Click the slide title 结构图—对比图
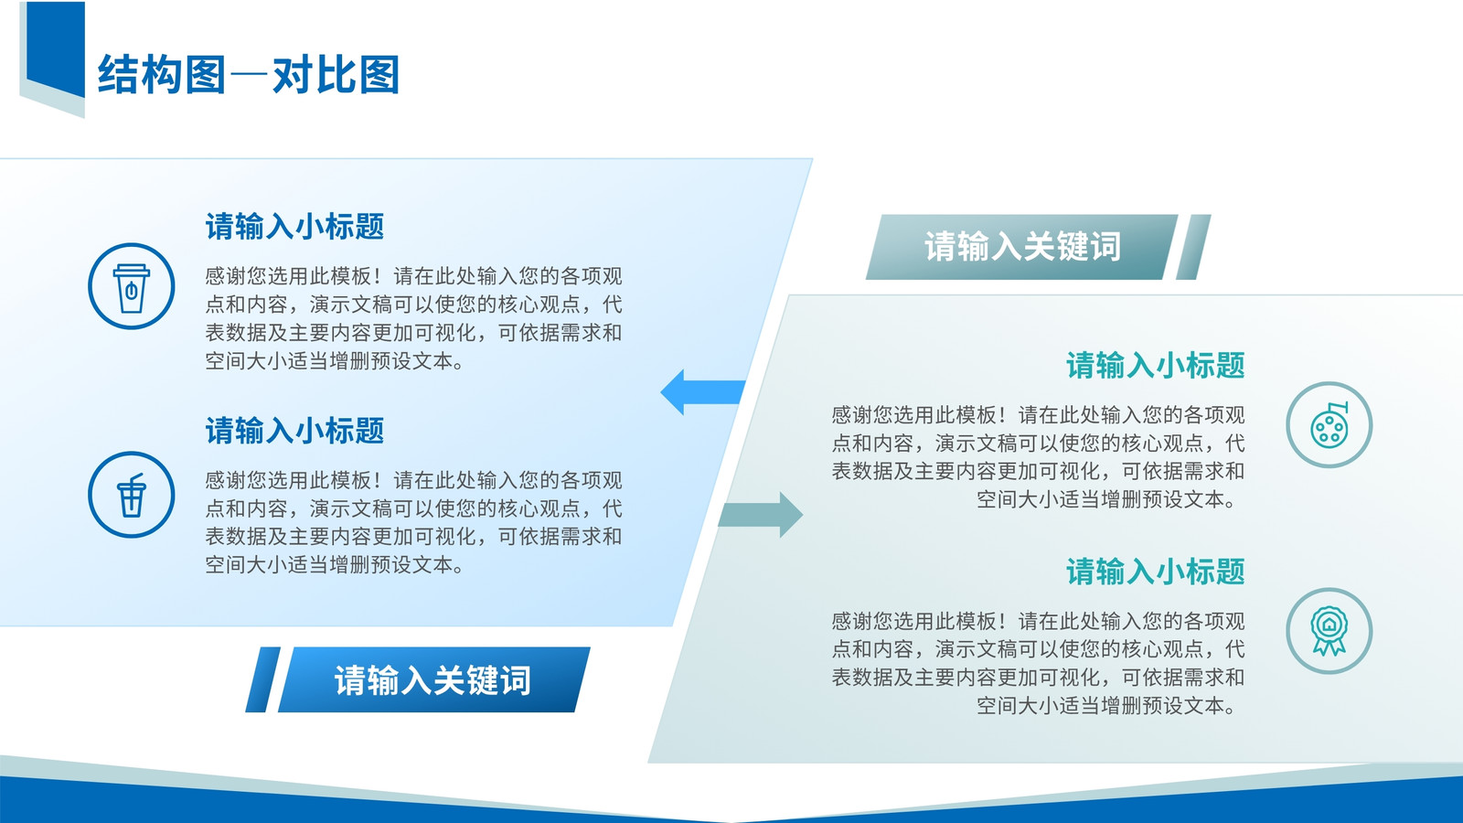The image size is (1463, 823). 248,74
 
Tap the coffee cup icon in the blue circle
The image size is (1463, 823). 132,288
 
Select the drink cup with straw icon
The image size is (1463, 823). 132,495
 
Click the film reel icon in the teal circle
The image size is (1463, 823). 1330,425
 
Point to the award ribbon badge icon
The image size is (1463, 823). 1330,630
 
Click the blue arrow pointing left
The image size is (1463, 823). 703,392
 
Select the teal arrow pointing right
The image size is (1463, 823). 761,515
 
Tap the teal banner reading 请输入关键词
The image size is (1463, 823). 1021,247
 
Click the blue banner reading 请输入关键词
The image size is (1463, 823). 434,679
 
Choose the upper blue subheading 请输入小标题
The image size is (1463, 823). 294,227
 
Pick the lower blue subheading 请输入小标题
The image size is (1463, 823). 294,431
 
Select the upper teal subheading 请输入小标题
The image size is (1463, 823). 1156,365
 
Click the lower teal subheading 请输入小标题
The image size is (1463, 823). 1156,572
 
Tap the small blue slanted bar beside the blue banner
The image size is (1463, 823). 263,679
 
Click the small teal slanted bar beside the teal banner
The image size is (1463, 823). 1193,247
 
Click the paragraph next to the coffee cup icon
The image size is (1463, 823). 413,318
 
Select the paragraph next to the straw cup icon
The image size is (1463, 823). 413,522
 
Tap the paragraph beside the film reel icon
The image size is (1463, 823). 1038,457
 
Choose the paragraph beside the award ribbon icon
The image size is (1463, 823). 1038,663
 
